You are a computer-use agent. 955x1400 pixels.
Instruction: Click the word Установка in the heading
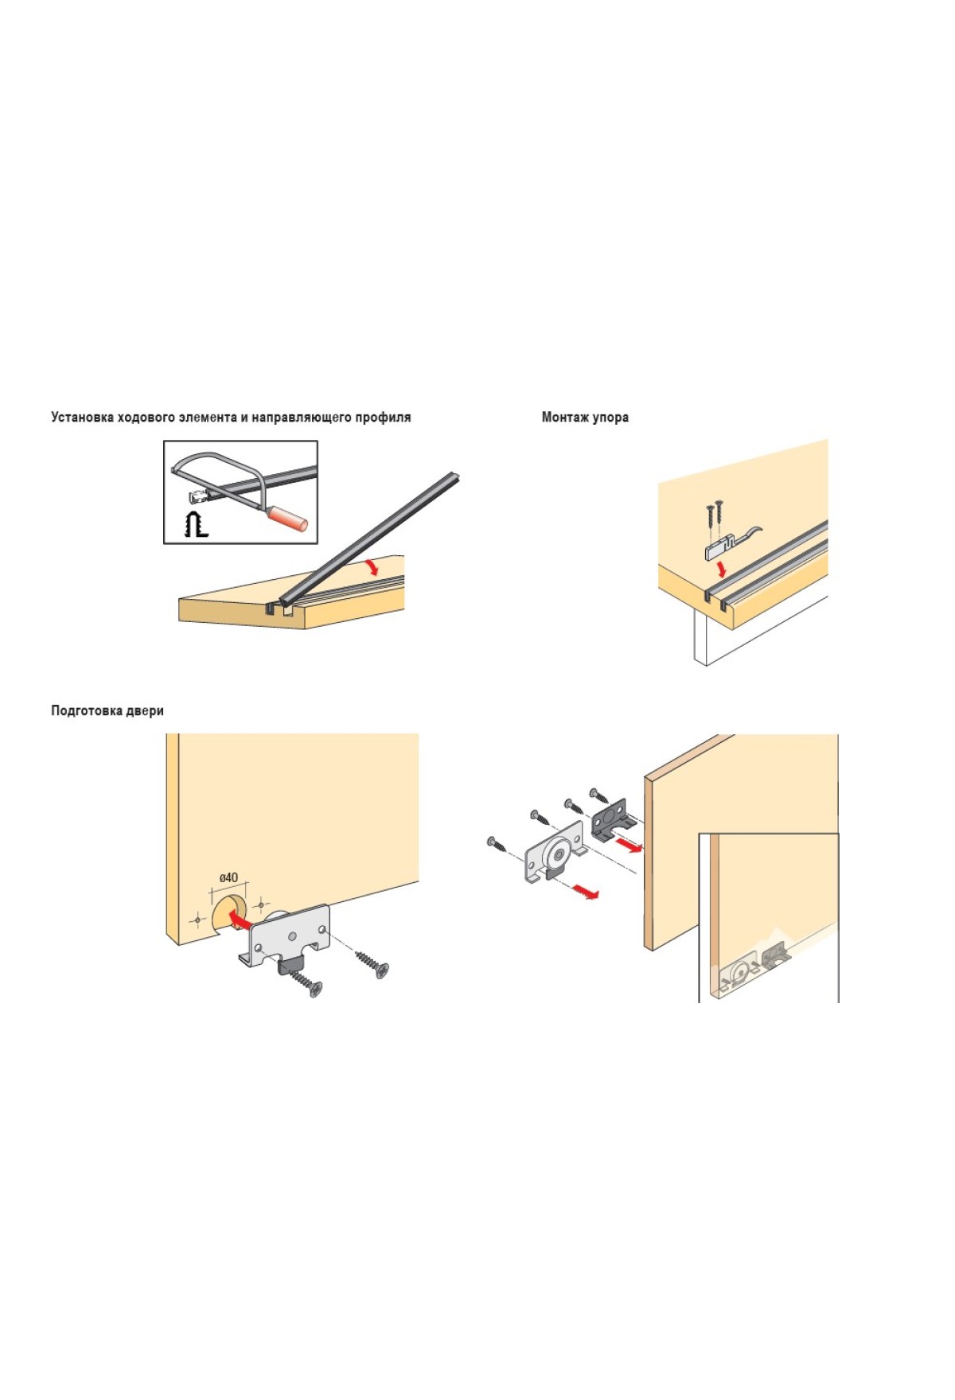(x=82, y=417)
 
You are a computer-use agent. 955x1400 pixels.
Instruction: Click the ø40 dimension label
(x=228, y=877)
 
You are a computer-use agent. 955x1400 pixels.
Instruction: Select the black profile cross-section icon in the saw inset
(x=195, y=525)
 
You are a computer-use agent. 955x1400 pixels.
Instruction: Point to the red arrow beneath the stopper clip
(x=722, y=570)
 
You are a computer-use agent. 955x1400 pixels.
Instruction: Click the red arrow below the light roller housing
(x=586, y=891)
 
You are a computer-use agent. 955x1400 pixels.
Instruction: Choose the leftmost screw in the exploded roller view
(x=496, y=845)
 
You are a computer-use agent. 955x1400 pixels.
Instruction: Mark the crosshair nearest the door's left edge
(x=197, y=920)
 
